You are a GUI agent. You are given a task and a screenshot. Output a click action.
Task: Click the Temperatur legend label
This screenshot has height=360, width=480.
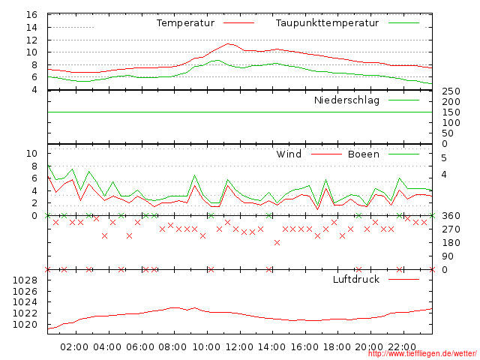click(185, 23)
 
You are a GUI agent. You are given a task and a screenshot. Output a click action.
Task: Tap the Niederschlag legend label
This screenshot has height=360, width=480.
click(346, 100)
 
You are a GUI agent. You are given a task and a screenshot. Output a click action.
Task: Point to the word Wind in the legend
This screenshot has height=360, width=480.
click(289, 154)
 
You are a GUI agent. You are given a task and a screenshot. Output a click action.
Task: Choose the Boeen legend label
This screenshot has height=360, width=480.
click(363, 154)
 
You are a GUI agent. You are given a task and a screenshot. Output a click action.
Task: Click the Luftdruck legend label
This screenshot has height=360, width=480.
click(355, 280)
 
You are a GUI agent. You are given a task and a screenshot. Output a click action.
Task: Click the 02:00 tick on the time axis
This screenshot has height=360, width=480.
click(74, 347)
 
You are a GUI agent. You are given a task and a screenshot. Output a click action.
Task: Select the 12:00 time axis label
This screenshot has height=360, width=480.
click(239, 347)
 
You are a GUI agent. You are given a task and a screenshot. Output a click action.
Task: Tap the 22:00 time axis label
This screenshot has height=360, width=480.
click(403, 347)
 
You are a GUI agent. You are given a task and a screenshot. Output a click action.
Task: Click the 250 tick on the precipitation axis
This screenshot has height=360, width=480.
click(450, 91)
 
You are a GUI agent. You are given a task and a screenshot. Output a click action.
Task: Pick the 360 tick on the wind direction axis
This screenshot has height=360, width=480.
click(450, 216)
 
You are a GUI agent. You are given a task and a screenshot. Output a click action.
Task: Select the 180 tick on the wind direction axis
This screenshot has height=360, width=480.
click(450, 243)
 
